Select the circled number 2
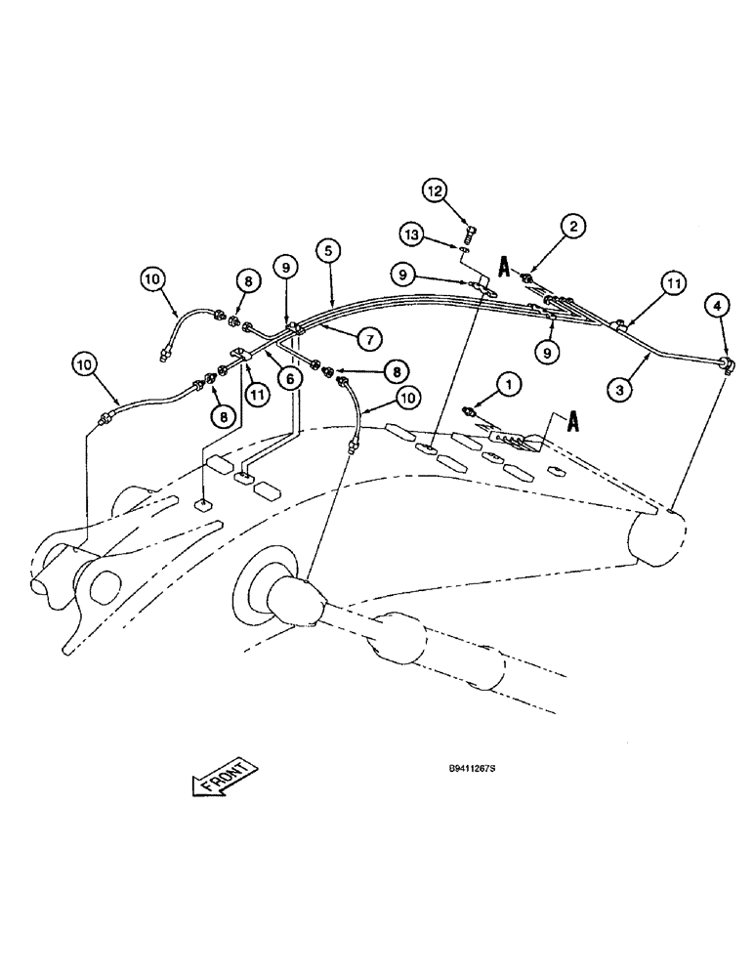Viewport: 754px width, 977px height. click(x=573, y=227)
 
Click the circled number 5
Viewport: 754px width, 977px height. click(x=328, y=250)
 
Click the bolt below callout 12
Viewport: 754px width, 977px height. click(x=468, y=234)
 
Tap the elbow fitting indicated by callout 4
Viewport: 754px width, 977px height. click(x=726, y=364)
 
